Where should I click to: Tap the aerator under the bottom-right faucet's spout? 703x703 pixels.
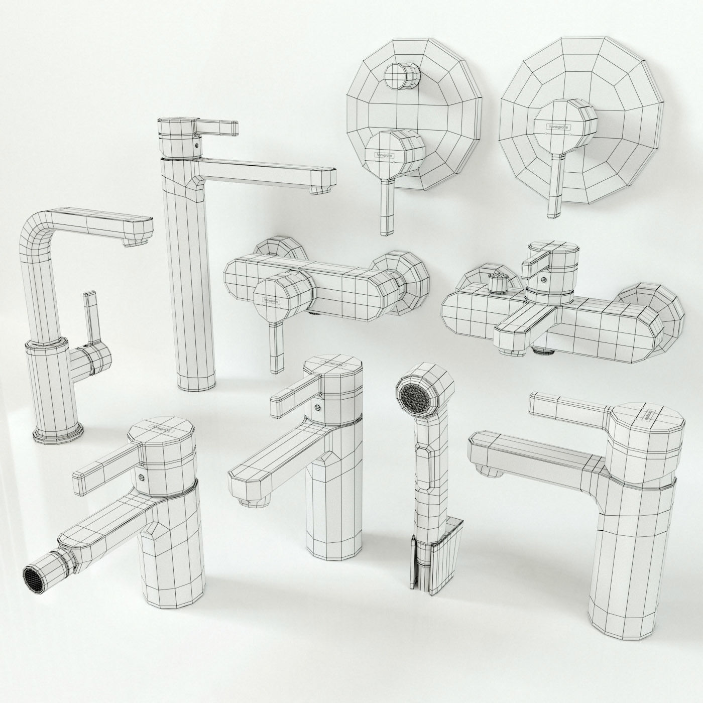click(490, 469)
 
